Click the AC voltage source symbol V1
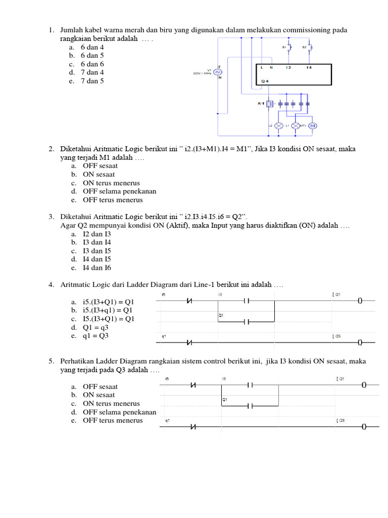point(218,72)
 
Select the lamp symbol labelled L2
point(278,126)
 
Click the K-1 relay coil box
point(270,104)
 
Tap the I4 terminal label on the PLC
point(309,67)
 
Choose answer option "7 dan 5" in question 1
point(92,81)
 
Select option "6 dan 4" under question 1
point(92,47)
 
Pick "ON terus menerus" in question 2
point(111,183)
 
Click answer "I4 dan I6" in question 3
point(96,268)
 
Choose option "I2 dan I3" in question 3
point(96,234)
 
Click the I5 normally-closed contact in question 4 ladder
point(190,301)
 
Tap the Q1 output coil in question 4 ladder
point(360,301)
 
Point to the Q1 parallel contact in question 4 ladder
point(246,321)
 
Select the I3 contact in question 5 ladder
point(250,385)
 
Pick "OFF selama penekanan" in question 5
point(119,412)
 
